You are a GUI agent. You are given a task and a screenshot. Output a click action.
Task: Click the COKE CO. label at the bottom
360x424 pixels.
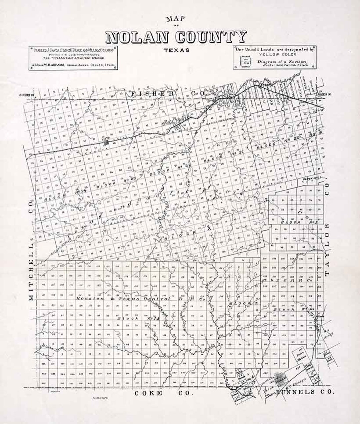163,393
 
